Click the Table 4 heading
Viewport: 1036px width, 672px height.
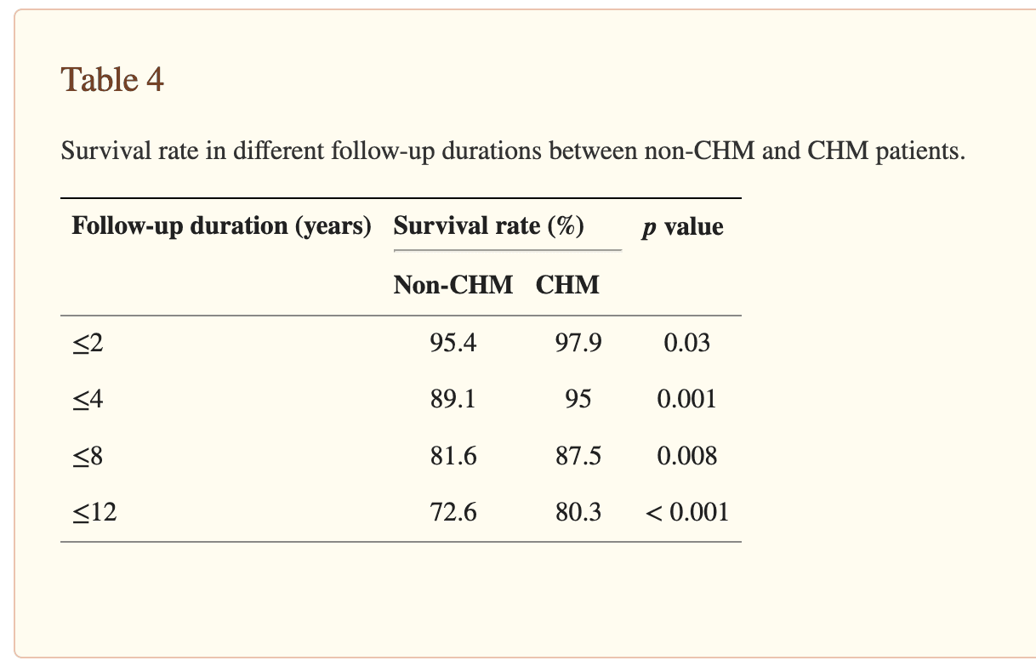tap(112, 80)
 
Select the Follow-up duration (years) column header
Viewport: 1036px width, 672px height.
tap(221, 226)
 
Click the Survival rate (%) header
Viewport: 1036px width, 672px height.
tap(487, 226)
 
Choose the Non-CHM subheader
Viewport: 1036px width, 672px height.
tap(453, 285)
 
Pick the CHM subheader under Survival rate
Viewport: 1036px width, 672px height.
tap(567, 285)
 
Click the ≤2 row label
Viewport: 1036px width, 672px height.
tap(88, 343)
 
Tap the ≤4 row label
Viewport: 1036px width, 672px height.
tap(88, 399)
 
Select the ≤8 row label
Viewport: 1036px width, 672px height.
tap(88, 456)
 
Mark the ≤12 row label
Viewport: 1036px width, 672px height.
tap(94, 512)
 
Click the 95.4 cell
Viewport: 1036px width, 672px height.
tap(453, 343)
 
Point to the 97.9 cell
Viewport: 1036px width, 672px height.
tap(578, 343)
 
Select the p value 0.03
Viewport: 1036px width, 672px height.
tap(686, 343)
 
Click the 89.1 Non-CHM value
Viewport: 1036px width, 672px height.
tap(453, 399)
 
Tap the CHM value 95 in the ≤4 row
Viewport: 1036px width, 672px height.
tap(578, 399)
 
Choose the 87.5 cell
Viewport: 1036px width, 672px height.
tap(578, 456)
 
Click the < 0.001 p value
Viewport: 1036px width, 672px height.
tap(686, 512)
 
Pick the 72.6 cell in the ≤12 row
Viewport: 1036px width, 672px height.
tap(453, 512)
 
